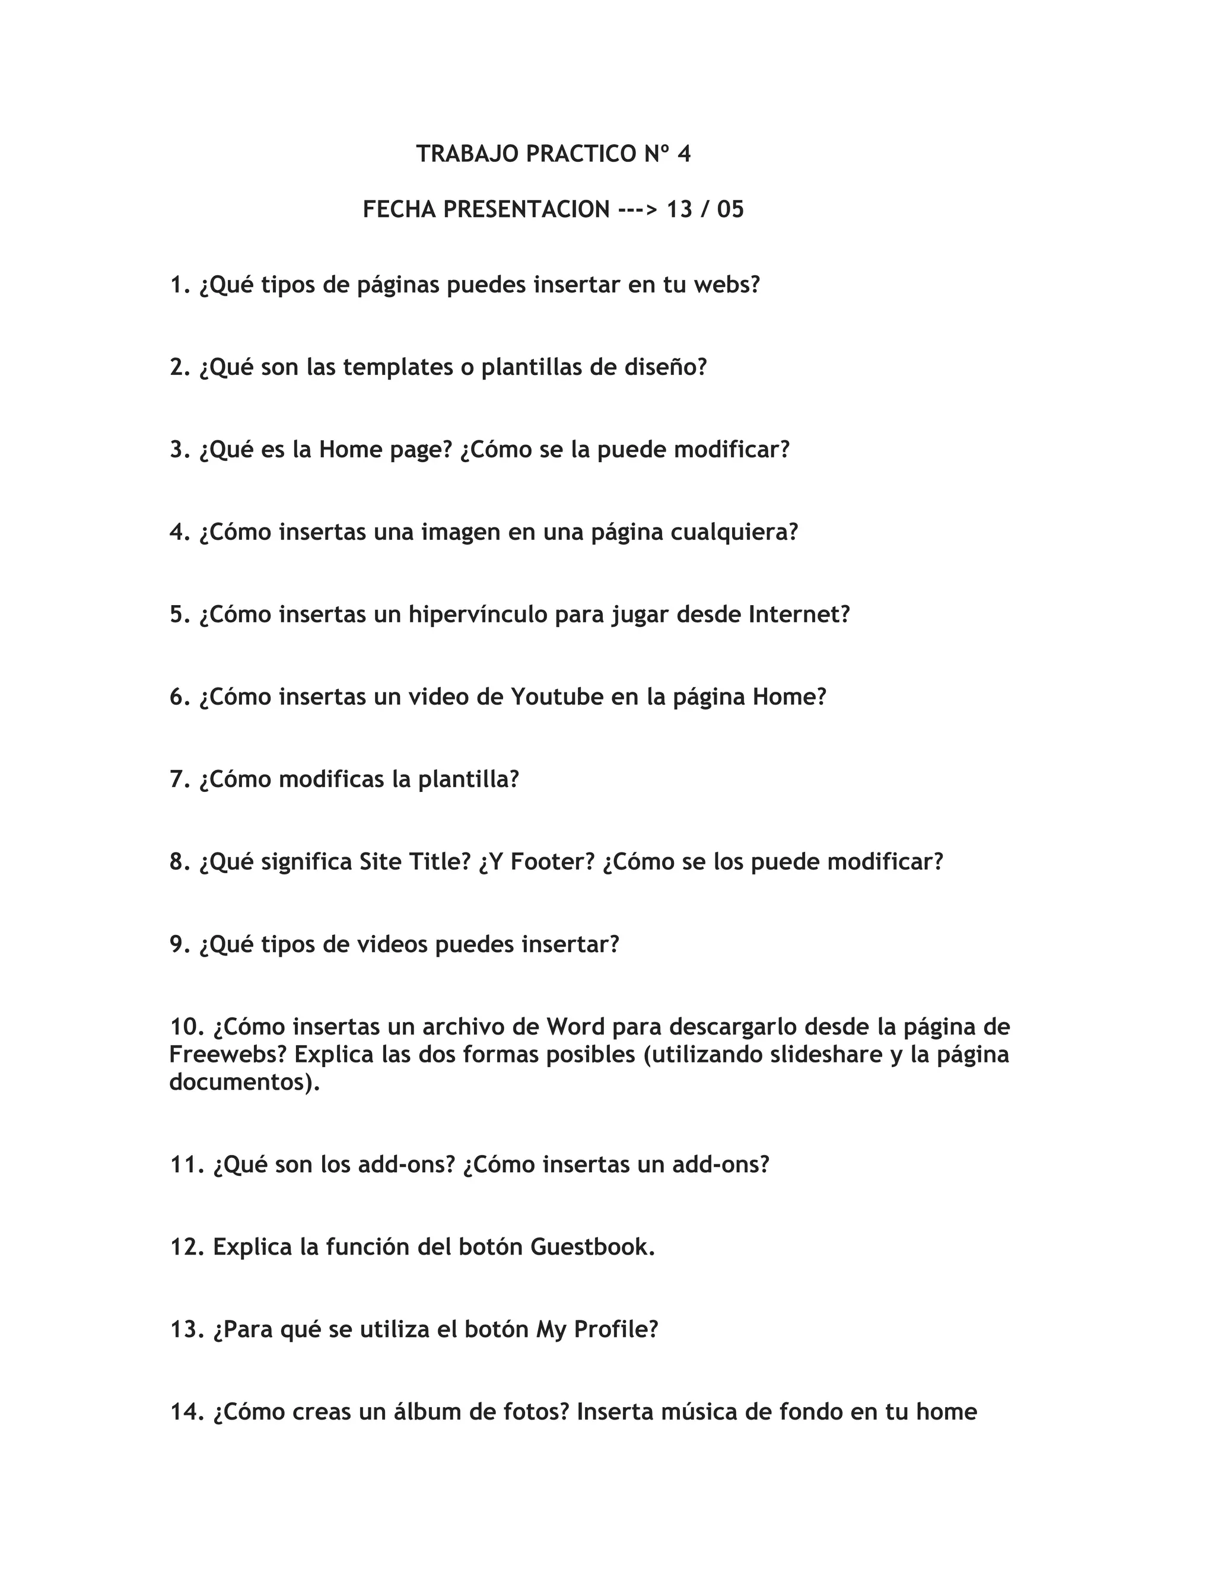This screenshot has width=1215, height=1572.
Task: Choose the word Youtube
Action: [557, 698]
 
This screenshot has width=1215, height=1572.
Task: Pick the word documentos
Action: [243, 1082]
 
